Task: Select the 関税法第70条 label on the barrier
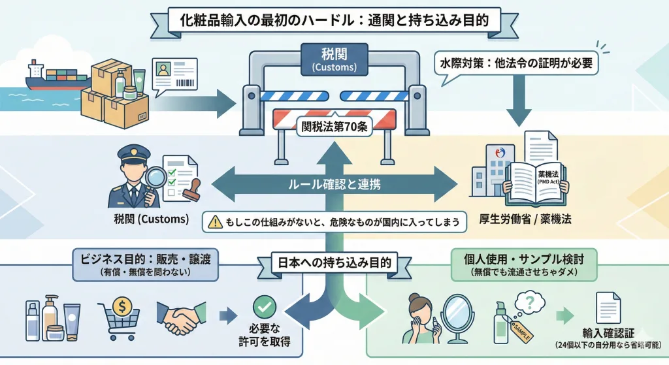click(x=334, y=127)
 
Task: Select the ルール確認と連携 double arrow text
click(x=334, y=184)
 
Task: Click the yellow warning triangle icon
click(x=214, y=221)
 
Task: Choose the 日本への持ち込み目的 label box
click(x=335, y=263)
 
